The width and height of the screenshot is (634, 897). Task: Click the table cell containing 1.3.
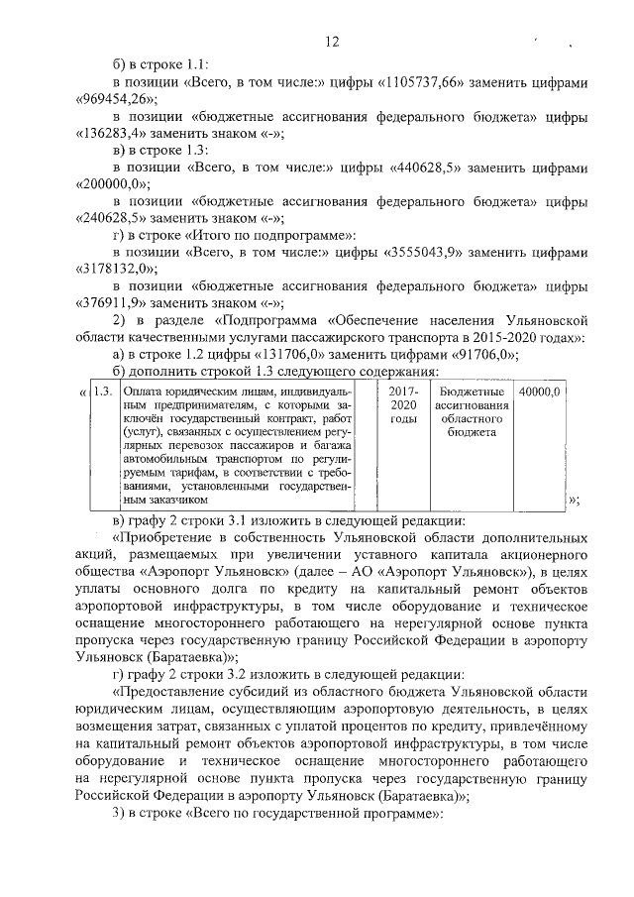pyautogui.click(x=102, y=392)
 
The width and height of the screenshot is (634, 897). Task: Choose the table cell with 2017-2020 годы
pyautogui.click(x=403, y=405)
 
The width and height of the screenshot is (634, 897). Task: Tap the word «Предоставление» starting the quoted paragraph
pyautogui.click(x=174, y=693)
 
